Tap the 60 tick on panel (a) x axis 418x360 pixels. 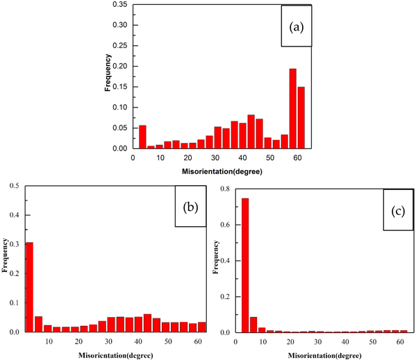tap(296, 157)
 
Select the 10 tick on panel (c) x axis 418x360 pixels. tap(262, 341)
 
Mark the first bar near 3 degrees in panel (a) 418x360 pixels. tap(142, 137)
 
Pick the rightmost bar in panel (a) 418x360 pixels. tap(301, 117)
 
